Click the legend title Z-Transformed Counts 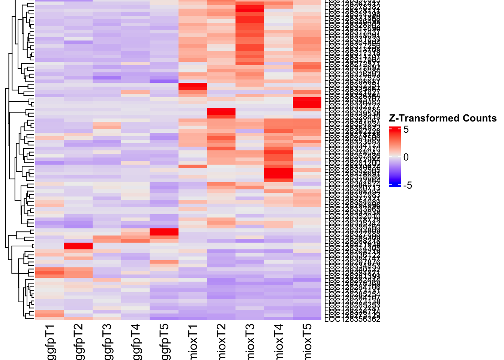pyautogui.click(x=442, y=118)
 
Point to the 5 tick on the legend pyautogui.click(x=406, y=129)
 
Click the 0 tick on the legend pyautogui.click(x=406, y=157)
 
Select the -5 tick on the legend pyautogui.click(x=407, y=185)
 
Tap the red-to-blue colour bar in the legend pyautogui.click(x=395, y=157)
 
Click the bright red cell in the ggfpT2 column pyautogui.click(x=78, y=246)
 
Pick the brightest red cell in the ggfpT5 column pyautogui.click(x=164, y=232)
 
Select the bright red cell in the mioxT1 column pyautogui.click(x=193, y=87)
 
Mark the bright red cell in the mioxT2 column pyautogui.click(x=221, y=111)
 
